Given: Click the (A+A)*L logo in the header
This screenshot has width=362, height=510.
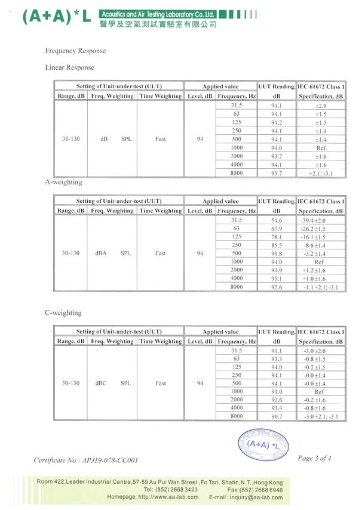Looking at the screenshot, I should (x=57, y=17).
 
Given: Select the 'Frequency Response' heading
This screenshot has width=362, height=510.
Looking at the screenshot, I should (x=75, y=51).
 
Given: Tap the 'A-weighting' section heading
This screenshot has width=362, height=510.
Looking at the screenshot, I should (x=64, y=182).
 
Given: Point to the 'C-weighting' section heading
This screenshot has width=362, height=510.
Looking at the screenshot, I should (x=63, y=313).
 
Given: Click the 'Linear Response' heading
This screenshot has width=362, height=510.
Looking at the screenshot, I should (x=69, y=67).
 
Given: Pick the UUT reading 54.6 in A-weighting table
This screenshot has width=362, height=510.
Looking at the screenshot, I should (x=277, y=220).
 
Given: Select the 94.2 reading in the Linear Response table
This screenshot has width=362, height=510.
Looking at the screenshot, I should (x=277, y=122).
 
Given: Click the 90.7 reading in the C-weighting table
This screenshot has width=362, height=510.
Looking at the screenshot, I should (x=277, y=416).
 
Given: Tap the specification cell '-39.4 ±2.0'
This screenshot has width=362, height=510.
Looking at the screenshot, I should (x=320, y=220).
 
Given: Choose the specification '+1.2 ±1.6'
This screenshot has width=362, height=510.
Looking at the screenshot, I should (x=320, y=270).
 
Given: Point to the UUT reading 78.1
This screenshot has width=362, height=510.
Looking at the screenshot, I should (x=277, y=237).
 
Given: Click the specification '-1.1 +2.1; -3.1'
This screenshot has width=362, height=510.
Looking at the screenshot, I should (x=320, y=286).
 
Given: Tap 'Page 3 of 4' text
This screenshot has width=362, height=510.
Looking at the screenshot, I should (x=314, y=458).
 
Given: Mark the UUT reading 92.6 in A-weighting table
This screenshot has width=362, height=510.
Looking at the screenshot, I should (x=277, y=286).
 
